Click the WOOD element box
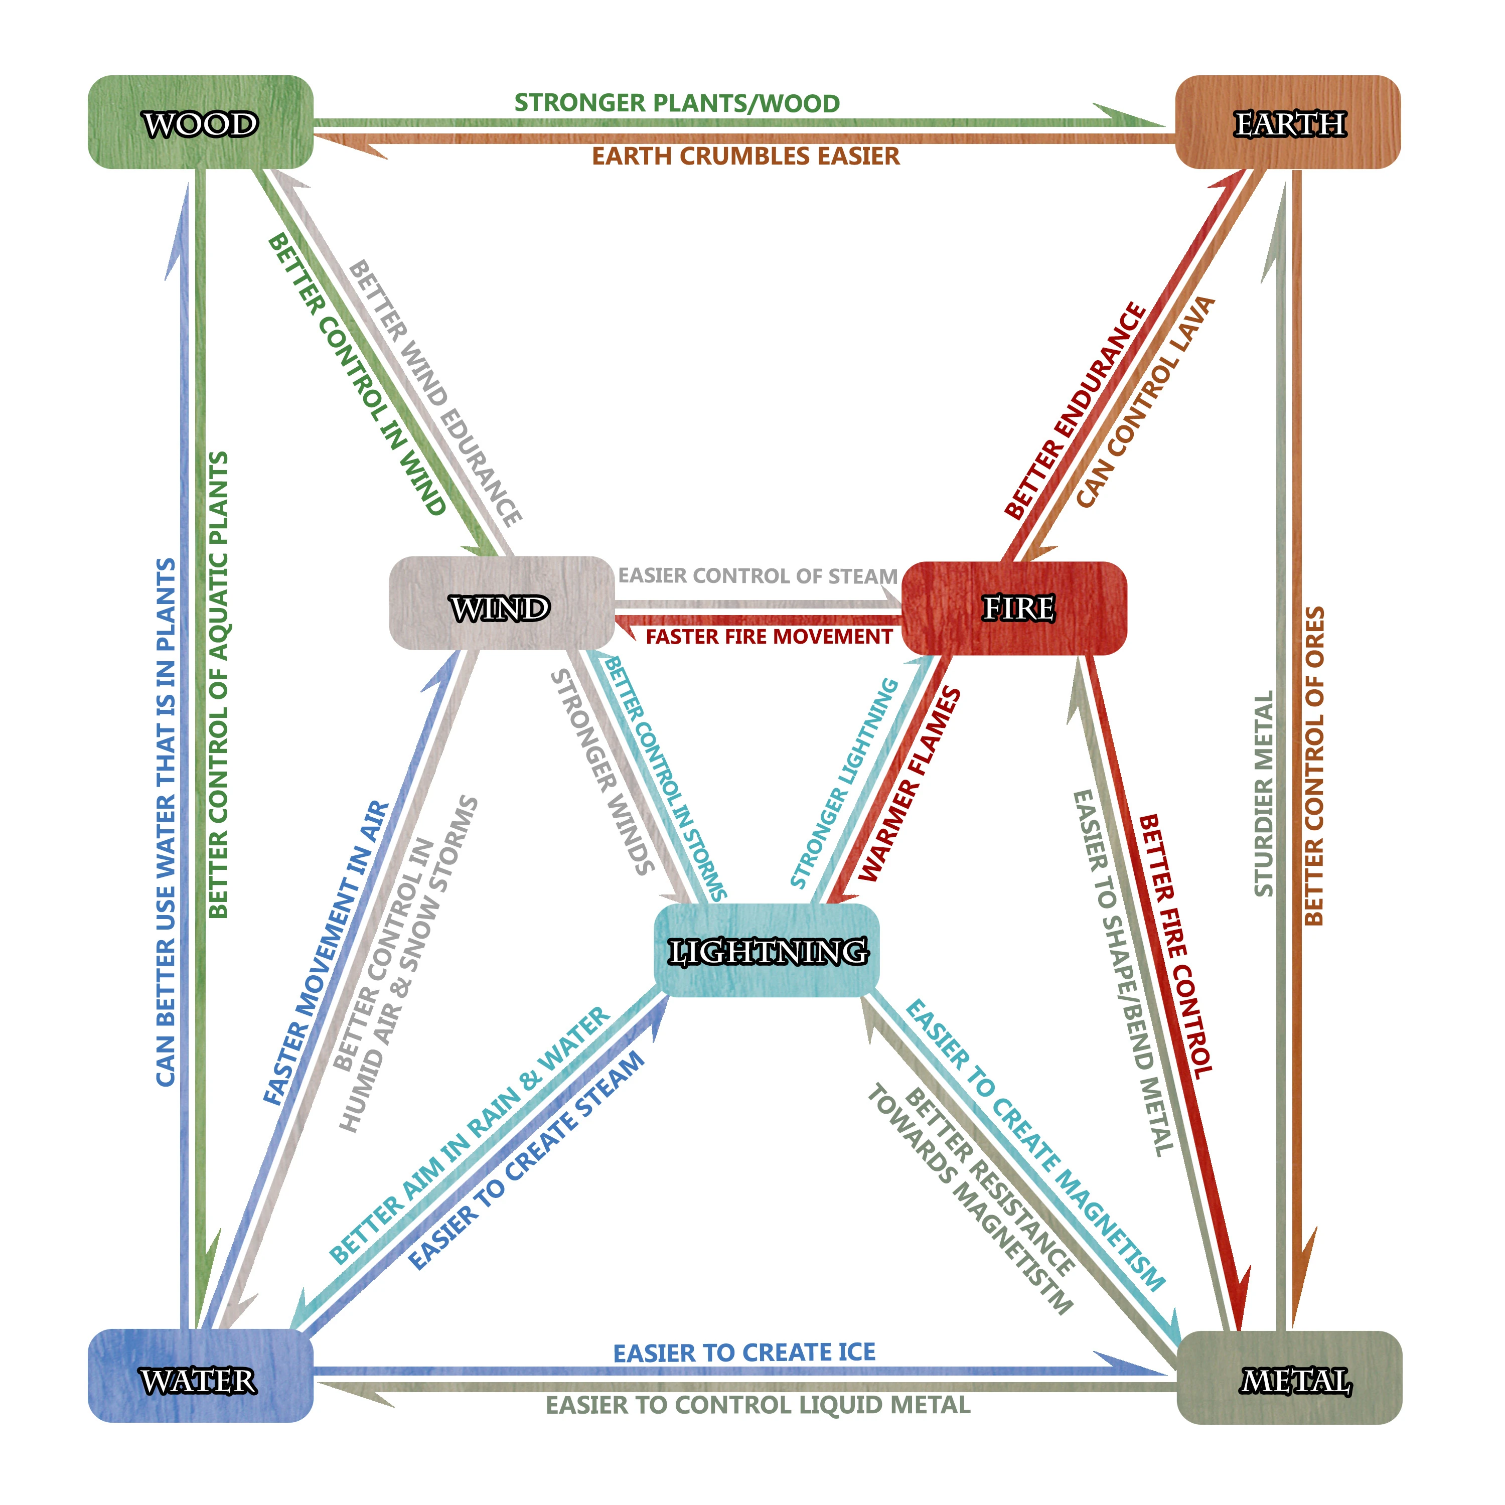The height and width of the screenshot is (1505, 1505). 200,122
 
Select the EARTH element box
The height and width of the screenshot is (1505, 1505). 1288,122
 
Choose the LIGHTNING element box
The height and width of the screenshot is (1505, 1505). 767,950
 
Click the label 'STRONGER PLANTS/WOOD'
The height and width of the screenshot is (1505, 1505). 677,103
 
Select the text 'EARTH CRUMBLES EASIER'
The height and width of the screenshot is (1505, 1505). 745,156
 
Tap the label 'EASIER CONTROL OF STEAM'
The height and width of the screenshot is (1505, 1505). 758,576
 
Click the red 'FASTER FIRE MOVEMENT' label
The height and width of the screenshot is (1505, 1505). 769,637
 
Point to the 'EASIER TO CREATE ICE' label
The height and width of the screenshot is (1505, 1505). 744,1352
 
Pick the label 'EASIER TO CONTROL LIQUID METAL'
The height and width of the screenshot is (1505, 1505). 758,1405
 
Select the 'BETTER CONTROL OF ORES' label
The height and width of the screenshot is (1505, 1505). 1314,766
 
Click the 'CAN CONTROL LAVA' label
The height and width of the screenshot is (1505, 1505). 1145,401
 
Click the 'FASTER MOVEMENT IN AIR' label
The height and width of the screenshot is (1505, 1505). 326,952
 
